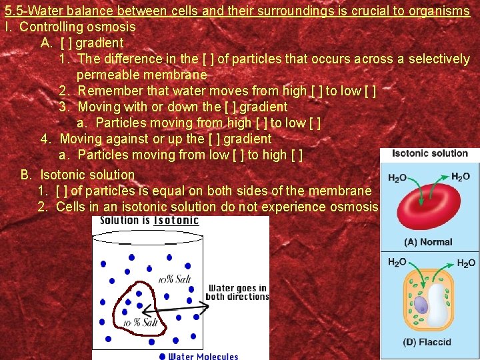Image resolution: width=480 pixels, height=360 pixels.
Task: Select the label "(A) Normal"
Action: click(x=427, y=242)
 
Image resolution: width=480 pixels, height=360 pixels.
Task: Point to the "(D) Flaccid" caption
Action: click(x=427, y=342)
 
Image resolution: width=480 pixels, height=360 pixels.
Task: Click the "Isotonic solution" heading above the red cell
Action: click(x=429, y=153)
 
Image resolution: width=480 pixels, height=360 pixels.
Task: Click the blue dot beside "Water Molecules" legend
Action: click(x=163, y=356)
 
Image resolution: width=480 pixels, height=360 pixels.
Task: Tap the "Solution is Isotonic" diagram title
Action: click(x=149, y=221)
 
